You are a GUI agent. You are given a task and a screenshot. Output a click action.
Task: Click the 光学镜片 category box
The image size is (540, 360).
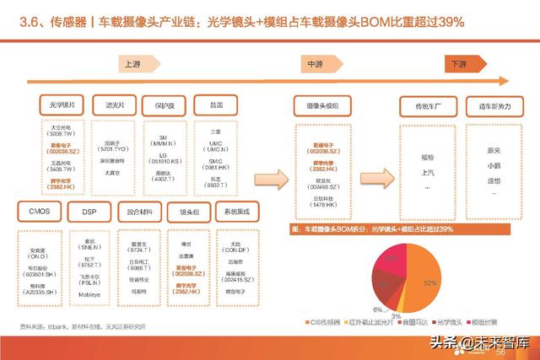click(x=62, y=105)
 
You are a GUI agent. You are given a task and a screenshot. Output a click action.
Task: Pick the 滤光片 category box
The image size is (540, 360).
click(x=115, y=105)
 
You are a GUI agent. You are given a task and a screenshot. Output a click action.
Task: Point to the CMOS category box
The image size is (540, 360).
click(x=37, y=211)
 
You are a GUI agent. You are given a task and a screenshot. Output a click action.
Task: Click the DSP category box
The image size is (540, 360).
click(x=89, y=211)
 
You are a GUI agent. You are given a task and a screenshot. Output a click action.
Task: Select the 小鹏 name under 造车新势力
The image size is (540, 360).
click(x=482, y=167)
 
